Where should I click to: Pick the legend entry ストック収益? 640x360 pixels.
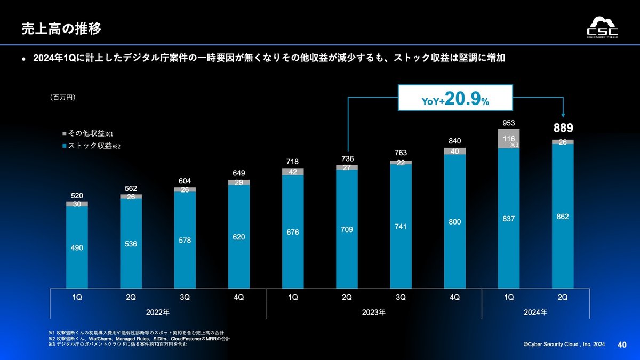pyautogui.click(x=91, y=145)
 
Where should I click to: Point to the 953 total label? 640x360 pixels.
pyautogui.click(x=508, y=122)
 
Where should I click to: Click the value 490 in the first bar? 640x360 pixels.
pyautogui.click(x=77, y=248)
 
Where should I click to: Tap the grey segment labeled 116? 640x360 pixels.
pyautogui.click(x=508, y=138)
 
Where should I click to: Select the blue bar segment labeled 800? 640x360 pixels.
pyautogui.click(x=454, y=221)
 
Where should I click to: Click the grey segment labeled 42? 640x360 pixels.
pyautogui.click(x=293, y=172)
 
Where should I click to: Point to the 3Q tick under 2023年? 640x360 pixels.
pyautogui.click(x=401, y=297)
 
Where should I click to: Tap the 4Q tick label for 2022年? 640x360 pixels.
pyautogui.click(x=238, y=297)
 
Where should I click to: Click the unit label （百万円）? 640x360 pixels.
pyautogui.click(x=63, y=98)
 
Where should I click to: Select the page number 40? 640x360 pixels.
pyautogui.click(x=621, y=345)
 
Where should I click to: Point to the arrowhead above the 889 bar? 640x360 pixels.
pyautogui.click(x=564, y=114)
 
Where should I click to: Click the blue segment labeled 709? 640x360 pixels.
pyautogui.click(x=347, y=229)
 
